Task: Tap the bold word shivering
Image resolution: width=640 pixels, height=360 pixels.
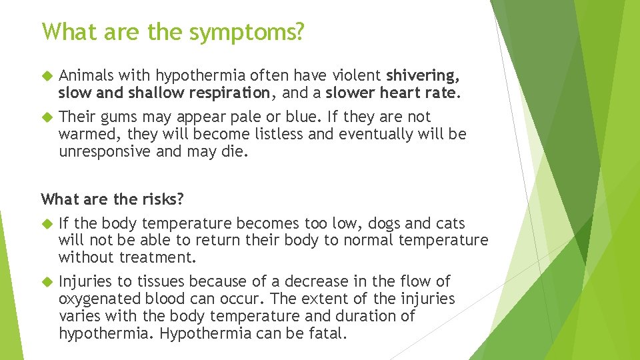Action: [x=421, y=75]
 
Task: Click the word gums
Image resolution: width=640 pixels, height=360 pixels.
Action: [x=121, y=117]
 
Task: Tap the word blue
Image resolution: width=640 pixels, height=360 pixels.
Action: [x=305, y=117]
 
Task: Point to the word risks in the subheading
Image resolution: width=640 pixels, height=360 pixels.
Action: [x=164, y=199]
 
